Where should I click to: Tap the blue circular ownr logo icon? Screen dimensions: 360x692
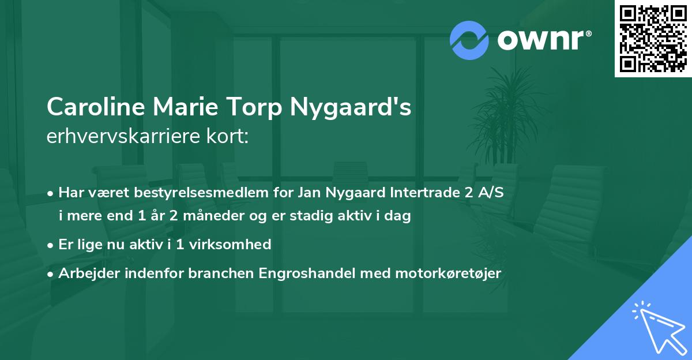(x=469, y=40)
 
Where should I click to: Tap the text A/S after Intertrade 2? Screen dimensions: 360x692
(x=492, y=193)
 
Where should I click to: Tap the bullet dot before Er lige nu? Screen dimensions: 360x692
(x=51, y=245)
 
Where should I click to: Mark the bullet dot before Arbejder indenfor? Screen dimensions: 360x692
(x=51, y=273)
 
